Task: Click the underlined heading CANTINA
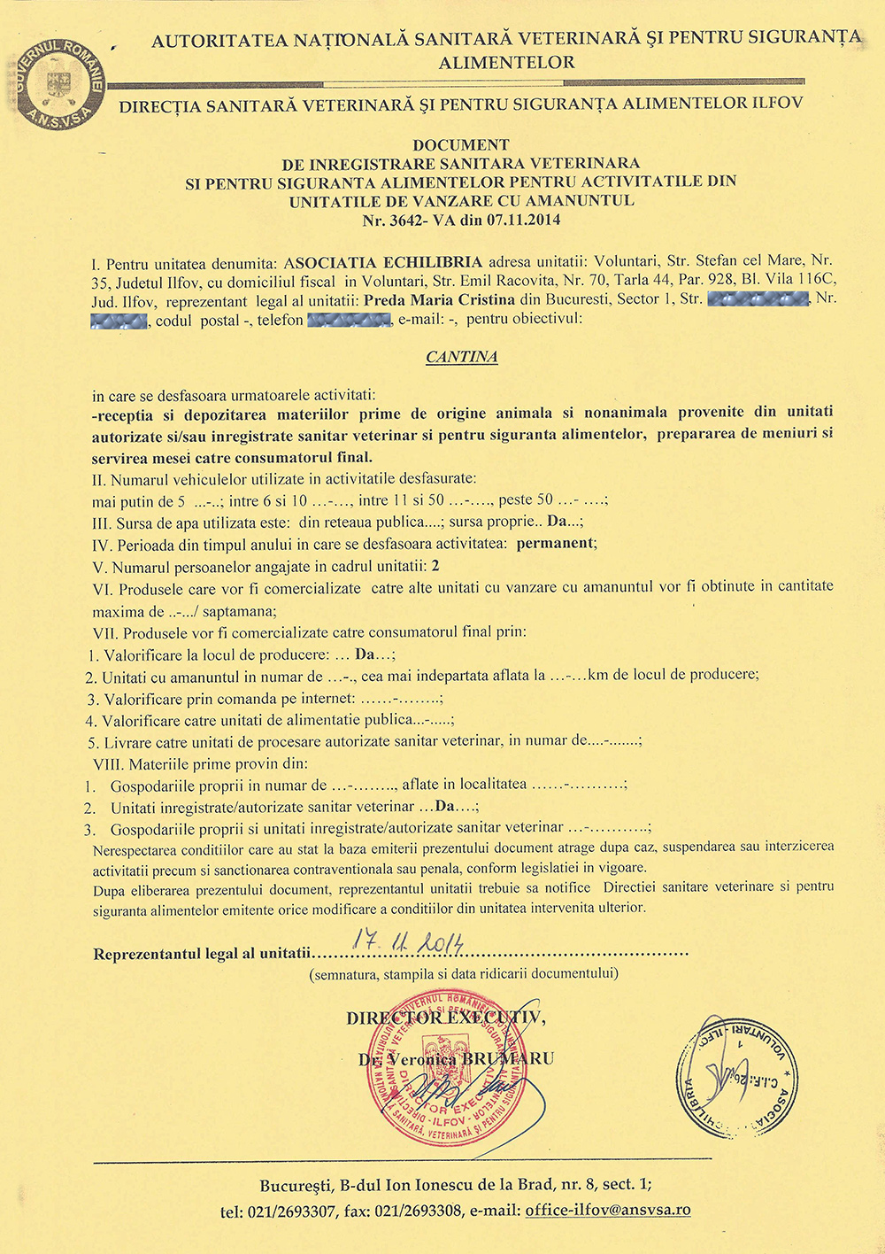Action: tap(461, 357)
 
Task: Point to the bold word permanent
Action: tap(555, 543)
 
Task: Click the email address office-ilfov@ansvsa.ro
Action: tap(608, 1210)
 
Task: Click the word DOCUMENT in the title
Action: tap(461, 144)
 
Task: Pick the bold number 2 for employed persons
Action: tap(435, 566)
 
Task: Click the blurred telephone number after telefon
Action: tap(349, 320)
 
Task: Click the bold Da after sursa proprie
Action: tap(557, 521)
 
